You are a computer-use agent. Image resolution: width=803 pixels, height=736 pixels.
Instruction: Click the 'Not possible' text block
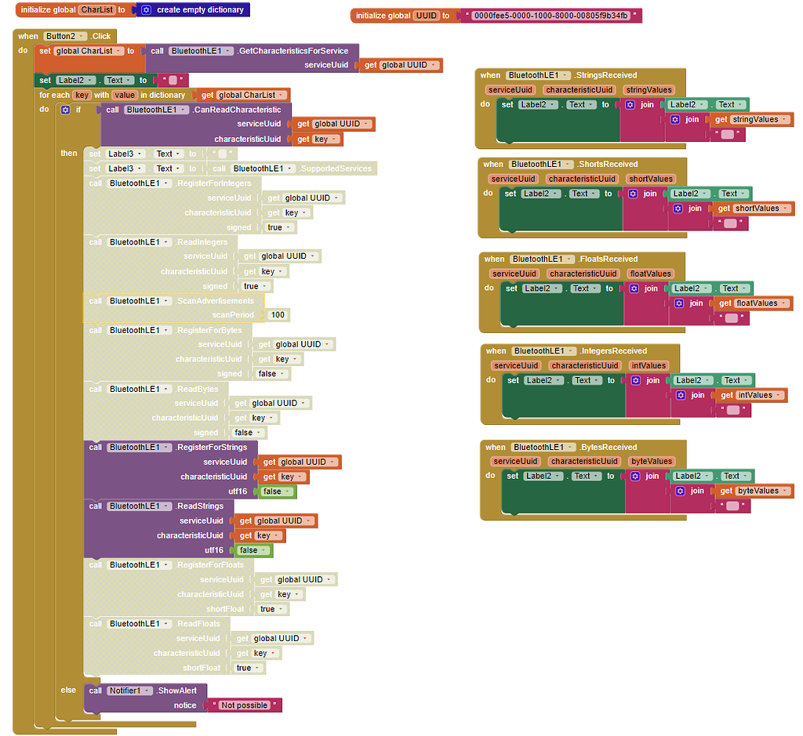click(245, 705)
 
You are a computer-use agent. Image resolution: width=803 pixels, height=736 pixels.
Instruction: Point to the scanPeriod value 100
click(278, 315)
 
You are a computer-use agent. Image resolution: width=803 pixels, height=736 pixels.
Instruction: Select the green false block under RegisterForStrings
click(274, 491)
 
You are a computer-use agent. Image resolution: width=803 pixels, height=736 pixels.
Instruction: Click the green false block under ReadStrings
click(250, 550)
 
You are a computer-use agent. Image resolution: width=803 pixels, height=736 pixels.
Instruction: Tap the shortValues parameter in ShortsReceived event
click(651, 179)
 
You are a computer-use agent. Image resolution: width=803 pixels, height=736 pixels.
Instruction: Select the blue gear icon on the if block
click(66, 110)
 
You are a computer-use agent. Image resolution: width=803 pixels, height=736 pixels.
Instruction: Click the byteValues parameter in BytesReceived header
click(652, 462)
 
